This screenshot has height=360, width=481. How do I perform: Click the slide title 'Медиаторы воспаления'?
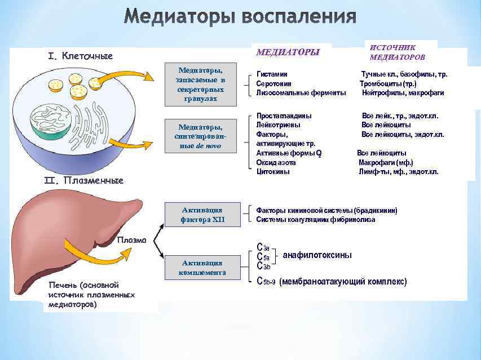pyautogui.click(x=240, y=17)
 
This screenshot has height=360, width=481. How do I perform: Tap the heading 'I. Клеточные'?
pyautogui.click(x=81, y=56)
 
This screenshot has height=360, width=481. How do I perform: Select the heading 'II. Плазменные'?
pyautogui.click(x=83, y=181)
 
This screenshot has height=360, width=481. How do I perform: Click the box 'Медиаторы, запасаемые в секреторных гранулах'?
pyautogui.click(x=200, y=85)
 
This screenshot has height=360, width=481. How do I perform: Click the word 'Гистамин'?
pyautogui.click(x=272, y=74)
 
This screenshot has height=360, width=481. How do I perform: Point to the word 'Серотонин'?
pyautogui.click(x=274, y=83)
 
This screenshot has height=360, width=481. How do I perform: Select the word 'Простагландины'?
pyautogui.click(x=284, y=115)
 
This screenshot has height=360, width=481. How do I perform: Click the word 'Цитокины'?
pyautogui.click(x=273, y=172)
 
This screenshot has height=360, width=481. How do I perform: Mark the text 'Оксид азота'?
pyautogui.click(x=276, y=162)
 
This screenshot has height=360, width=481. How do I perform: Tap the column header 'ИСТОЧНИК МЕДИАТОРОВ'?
pyautogui.click(x=398, y=52)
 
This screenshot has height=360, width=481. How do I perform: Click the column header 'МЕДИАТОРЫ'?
pyautogui.click(x=288, y=52)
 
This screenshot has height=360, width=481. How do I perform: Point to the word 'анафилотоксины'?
pyautogui.click(x=317, y=255)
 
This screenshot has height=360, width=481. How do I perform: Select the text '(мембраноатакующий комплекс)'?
pyautogui.click(x=343, y=281)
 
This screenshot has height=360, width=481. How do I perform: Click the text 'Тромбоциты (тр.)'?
pyautogui.click(x=389, y=83)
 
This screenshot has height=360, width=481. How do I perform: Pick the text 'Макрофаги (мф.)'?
pyautogui.click(x=386, y=162)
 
